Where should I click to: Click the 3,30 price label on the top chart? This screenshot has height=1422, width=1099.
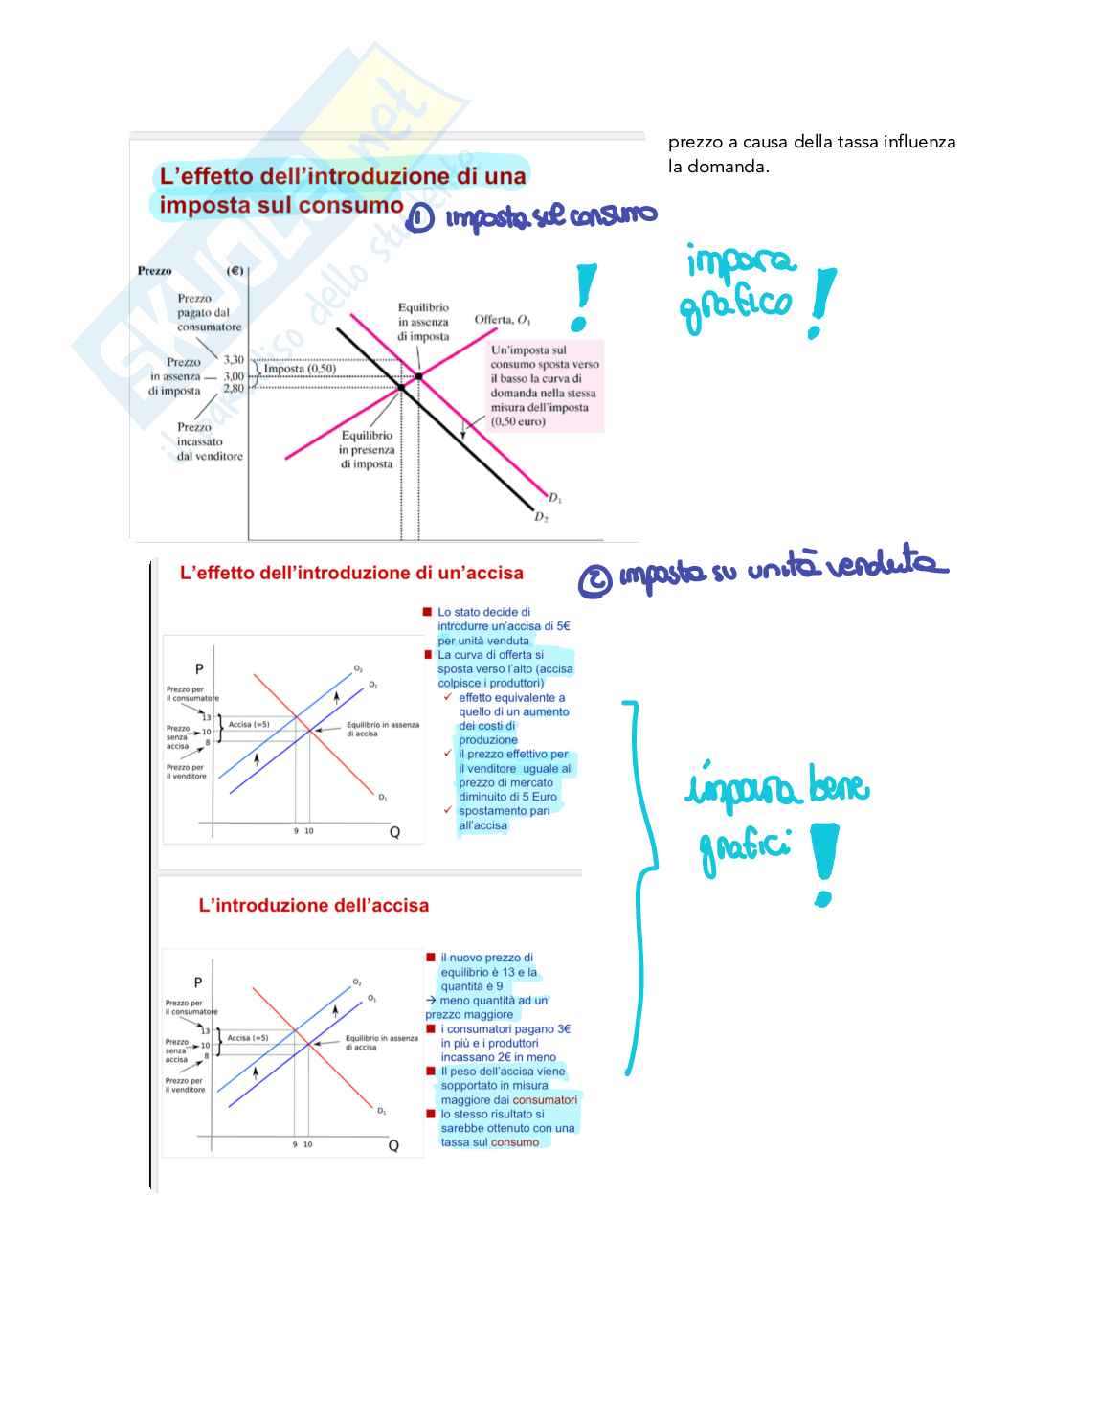tap(234, 360)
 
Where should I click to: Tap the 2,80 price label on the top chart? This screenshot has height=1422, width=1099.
tap(234, 389)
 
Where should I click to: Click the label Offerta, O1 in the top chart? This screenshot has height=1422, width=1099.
tap(503, 320)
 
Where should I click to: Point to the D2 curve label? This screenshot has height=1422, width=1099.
tap(541, 517)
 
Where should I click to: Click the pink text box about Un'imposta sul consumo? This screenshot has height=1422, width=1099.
tap(545, 385)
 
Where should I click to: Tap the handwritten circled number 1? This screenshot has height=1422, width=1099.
tap(419, 218)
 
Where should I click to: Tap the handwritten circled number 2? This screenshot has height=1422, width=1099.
tap(594, 580)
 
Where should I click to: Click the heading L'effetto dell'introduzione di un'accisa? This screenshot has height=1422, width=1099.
tap(351, 573)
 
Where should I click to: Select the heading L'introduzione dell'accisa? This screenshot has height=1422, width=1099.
tap(313, 905)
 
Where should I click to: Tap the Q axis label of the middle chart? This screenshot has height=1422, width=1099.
tap(394, 832)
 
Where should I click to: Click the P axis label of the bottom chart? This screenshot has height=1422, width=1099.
tap(198, 982)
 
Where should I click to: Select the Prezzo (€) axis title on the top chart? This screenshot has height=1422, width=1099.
tap(191, 271)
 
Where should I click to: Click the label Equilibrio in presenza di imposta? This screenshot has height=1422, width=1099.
tap(367, 449)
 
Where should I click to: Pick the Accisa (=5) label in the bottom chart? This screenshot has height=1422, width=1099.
tap(247, 1038)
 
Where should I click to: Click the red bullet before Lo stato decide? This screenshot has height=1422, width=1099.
tap(427, 612)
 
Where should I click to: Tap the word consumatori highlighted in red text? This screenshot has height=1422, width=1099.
tap(545, 1100)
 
